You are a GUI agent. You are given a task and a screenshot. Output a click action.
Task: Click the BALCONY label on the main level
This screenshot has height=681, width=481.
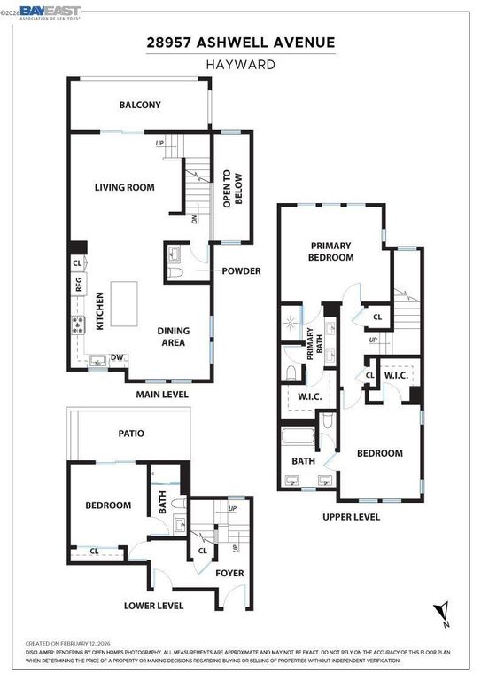click(x=140, y=106)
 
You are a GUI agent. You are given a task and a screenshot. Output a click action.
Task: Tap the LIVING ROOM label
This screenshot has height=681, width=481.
click(x=125, y=187)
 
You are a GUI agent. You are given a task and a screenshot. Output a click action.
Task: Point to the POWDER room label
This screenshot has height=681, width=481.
click(x=241, y=270)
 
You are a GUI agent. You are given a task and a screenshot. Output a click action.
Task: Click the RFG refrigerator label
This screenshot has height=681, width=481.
click(x=78, y=285)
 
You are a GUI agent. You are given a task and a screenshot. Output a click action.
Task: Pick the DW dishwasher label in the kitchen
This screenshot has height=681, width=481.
click(x=117, y=358)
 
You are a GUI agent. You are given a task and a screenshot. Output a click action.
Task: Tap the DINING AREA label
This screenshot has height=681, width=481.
click(x=174, y=336)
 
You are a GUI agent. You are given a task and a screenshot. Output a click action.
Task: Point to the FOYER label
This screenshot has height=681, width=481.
click(x=230, y=574)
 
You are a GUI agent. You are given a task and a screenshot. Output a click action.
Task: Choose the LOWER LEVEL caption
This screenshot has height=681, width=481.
click(x=154, y=607)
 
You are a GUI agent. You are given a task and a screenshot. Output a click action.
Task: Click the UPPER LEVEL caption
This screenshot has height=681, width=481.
click(x=353, y=516)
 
